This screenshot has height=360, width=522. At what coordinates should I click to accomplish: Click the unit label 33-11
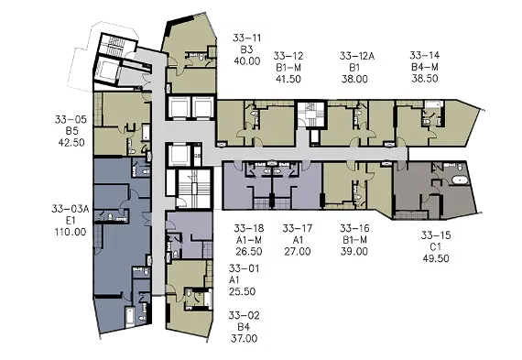click(246, 38)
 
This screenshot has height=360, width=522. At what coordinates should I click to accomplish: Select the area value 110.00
click(71, 232)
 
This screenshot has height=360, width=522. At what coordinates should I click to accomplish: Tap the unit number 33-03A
click(71, 209)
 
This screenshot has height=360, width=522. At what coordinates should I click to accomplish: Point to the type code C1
click(435, 246)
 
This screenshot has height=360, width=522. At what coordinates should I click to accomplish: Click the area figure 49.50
click(435, 258)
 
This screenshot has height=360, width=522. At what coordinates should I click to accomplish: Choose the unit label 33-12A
click(357, 56)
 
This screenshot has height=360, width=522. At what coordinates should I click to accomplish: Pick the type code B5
click(71, 131)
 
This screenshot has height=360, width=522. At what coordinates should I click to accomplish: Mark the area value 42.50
click(71, 143)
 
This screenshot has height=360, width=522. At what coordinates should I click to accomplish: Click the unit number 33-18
click(249, 228)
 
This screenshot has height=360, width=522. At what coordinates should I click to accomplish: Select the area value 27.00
click(298, 251)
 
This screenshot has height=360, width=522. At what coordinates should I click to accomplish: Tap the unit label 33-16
click(354, 228)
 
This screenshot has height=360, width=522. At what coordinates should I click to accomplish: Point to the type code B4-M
click(424, 67)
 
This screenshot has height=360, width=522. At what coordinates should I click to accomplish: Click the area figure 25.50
click(242, 291)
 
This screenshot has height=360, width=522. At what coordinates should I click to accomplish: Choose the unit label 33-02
click(244, 315)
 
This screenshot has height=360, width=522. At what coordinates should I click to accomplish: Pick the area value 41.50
click(288, 80)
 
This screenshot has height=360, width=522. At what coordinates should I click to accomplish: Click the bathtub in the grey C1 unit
click(460, 180)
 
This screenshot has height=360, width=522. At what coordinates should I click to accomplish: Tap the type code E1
click(71, 221)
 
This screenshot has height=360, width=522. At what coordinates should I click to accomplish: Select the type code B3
click(246, 49)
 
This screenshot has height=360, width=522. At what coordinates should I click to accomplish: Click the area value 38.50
click(424, 79)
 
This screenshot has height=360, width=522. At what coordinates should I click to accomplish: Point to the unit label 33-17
click(298, 228)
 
